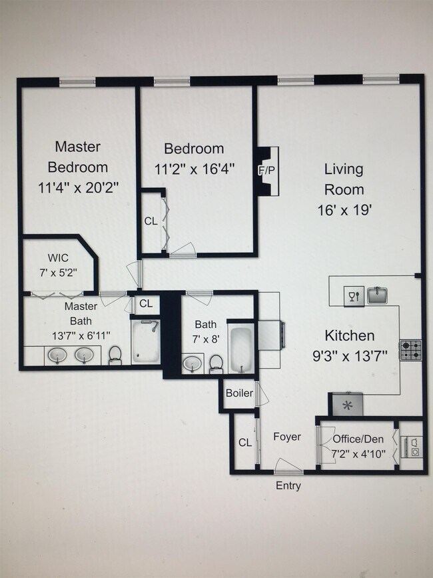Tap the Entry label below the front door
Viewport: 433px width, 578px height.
click(288, 486)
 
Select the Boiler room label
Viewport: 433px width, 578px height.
click(239, 393)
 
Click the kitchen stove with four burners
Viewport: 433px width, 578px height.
click(411, 350)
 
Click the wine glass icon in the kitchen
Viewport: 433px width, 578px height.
click(354, 296)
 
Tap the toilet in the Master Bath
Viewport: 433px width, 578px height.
click(115, 355)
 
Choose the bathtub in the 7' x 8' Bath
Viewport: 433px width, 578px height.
click(241, 349)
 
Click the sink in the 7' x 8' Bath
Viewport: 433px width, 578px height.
click(193, 363)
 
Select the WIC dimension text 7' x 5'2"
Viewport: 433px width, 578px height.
click(58, 273)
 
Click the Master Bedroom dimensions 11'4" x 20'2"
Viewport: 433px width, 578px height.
click(79, 188)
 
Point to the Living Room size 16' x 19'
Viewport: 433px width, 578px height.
click(344, 210)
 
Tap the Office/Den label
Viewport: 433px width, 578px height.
click(358, 439)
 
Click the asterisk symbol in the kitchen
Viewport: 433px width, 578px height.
click(347, 406)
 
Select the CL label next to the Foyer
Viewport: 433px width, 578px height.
click(245, 443)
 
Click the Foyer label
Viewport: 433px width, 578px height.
click(287, 437)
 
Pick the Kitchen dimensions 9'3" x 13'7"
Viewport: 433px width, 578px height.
click(350, 356)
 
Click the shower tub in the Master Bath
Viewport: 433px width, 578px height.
click(146, 342)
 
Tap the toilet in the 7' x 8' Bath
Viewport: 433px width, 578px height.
click(215, 364)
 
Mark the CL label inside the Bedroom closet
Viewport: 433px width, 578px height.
click(151, 221)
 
